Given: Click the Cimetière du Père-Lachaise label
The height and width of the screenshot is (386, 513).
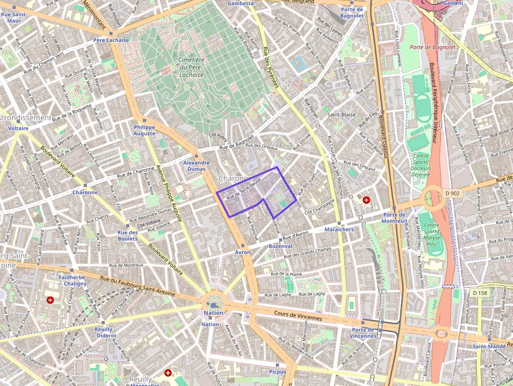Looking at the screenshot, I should (191, 67).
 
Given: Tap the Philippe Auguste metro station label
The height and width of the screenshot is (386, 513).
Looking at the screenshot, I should (144, 130).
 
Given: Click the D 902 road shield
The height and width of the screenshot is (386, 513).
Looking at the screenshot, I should (453, 193).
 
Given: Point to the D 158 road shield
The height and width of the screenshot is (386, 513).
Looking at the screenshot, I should (479, 292).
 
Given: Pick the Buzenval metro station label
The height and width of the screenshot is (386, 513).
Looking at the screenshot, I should (280, 246).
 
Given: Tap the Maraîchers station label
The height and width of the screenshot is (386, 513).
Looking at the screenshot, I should (339, 229).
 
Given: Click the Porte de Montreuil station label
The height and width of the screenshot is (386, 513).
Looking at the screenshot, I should (395, 218).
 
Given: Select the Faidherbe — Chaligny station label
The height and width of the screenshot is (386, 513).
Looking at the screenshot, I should (72, 280).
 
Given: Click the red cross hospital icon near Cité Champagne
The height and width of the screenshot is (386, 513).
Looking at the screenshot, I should (366, 200).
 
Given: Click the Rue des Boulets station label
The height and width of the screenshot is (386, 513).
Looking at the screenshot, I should (128, 236).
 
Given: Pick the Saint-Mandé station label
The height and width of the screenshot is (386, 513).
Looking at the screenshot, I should (489, 346).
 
